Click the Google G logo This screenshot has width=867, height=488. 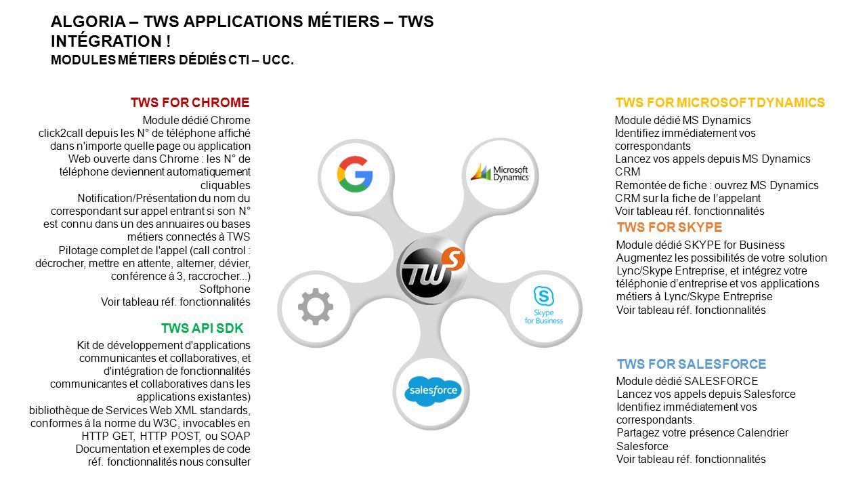355,174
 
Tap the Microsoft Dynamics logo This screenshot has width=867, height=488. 500,173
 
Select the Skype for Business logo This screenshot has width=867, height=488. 543,305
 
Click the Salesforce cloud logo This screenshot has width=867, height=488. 433,391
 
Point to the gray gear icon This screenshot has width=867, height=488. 316,306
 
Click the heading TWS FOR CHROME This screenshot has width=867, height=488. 190,102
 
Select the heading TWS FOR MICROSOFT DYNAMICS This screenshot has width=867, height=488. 720,102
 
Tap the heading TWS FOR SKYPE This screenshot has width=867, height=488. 670,227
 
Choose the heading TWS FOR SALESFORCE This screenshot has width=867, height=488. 692,365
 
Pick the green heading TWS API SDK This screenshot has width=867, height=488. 202,329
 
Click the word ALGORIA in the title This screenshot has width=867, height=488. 88,22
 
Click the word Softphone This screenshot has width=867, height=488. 224,289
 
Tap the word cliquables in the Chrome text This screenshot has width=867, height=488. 226,186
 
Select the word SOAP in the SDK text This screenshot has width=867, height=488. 235,436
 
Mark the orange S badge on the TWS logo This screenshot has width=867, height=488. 453,259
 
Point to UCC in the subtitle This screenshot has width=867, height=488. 278,60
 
